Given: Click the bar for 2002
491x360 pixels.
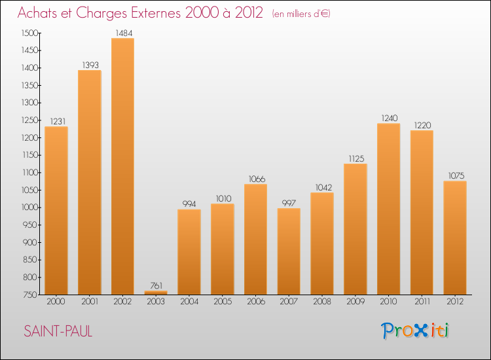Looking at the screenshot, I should tap(122, 166).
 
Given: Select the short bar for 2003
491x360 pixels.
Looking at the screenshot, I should tap(156, 293).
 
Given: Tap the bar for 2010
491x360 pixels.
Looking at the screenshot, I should tap(388, 209).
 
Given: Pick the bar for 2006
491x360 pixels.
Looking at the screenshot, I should tap(255, 239).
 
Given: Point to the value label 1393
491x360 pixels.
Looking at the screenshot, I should tap(90, 65).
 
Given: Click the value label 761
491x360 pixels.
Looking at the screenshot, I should tap(156, 285).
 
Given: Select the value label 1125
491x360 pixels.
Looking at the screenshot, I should tap(355, 158).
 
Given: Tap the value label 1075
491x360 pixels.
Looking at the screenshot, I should tap(455, 175).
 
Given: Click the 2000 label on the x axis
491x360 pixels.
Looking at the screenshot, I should tap(56, 302).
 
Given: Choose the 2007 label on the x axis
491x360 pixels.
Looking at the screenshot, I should tap(289, 302).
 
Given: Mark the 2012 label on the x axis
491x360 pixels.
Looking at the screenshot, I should tap(455, 302).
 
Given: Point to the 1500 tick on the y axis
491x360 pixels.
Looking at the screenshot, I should tap(30, 33).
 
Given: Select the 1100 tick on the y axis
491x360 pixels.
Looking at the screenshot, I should tap(30, 172).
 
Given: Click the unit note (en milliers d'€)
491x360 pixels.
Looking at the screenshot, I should tap(300, 14).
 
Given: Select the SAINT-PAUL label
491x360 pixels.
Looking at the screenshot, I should tap(58, 331).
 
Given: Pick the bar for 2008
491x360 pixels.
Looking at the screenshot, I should tap(322, 243).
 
